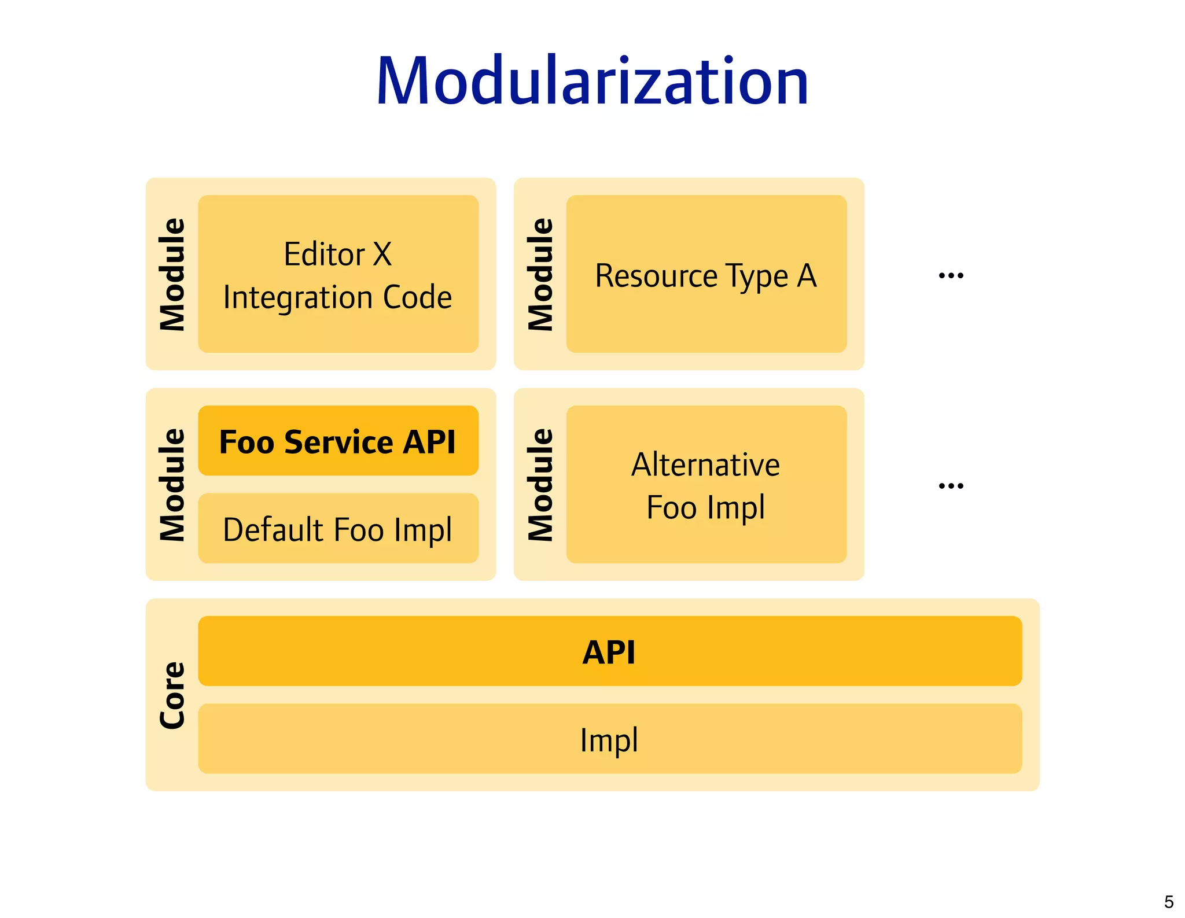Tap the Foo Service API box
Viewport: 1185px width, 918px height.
(338, 441)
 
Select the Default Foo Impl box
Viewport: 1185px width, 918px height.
(338, 529)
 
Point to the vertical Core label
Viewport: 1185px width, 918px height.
(172, 695)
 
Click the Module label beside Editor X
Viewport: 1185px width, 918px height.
(172, 274)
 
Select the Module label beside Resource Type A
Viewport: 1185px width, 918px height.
(540, 274)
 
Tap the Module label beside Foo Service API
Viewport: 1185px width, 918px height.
(172, 485)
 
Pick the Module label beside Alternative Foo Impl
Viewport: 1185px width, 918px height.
(540, 485)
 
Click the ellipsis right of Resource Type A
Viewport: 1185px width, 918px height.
(951, 275)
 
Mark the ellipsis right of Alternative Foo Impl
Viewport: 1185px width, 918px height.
(951, 486)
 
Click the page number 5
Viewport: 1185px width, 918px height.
(1168, 902)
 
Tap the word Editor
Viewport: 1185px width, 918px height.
(324, 254)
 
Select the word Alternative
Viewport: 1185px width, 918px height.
(705, 464)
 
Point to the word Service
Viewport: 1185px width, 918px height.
(339, 443)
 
